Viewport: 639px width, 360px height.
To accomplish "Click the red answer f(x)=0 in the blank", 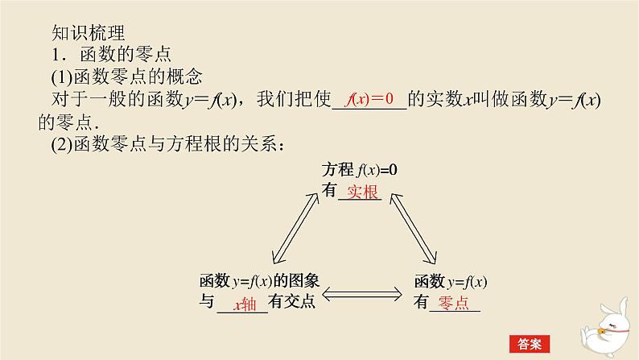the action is pyautogui.click(x=369, y=100).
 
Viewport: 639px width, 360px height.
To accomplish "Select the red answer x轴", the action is pyautogui.click(x=243, y=304).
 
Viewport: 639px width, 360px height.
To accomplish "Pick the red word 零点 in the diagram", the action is pyautogui.click(x=453, y=303).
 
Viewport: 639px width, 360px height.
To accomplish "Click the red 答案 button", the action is pyautogui.click(x=529, y=342).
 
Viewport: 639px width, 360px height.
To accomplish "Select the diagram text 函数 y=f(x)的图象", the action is pyautogui.click(x=260, y=282).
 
